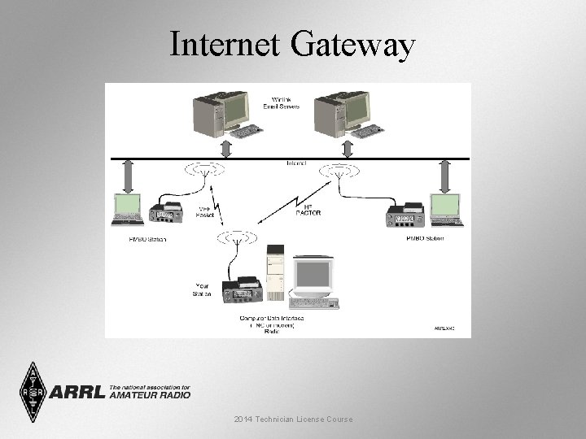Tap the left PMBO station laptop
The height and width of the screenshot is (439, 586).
click(x=127, y=209)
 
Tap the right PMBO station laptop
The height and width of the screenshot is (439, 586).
click(x=446, y=209)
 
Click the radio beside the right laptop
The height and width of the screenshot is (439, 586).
click(x=405, y=215)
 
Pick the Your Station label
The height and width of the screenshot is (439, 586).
click(x=203, y=289)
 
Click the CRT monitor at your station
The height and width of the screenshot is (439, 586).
click(x=313, y=279)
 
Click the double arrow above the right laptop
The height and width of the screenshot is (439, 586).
click(x=445, y=175)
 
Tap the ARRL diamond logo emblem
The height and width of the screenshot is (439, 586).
click(x=33, y=392)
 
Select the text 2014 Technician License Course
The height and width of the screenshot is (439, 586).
click(x=292, y=419)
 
